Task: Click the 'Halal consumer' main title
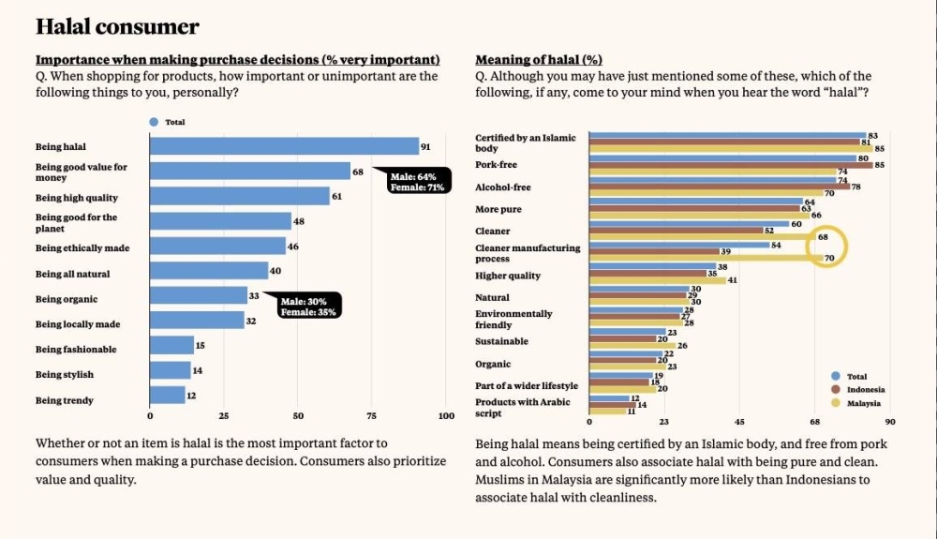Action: [x=117, y=27]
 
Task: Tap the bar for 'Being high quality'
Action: [x=240, y=197]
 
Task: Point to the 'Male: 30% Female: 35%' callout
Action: [x=308, y=306]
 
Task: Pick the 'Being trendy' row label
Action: [x=64, y=400]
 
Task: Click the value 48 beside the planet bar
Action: [x=299, y=222]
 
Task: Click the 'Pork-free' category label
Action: [x=496, y=165]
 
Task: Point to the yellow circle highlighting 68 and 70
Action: [x=828, y=247]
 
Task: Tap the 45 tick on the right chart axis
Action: [x=739, y=423]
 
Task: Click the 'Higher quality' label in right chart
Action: [x=508, y=276]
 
